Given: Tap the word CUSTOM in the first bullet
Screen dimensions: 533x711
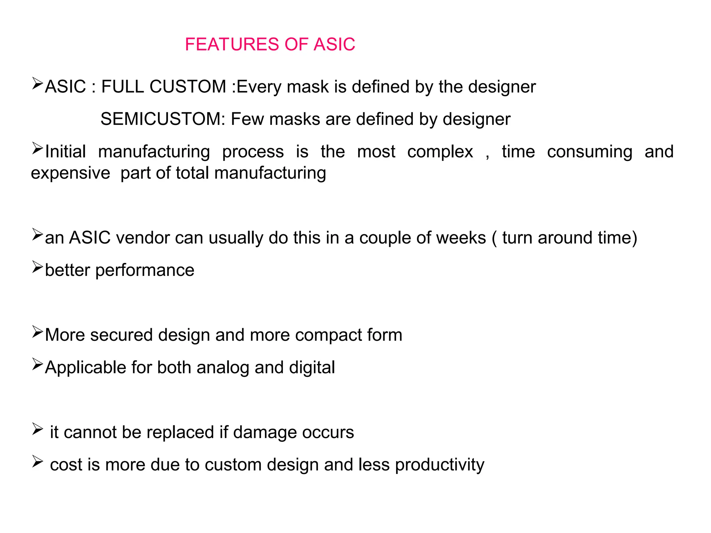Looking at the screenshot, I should [x=187, y=87].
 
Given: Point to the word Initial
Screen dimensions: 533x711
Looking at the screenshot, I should [x=65, y=152].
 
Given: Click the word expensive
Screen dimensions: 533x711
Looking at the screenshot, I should [x=70, y=173].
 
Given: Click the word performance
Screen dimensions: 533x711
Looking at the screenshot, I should [x=144, y=271].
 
